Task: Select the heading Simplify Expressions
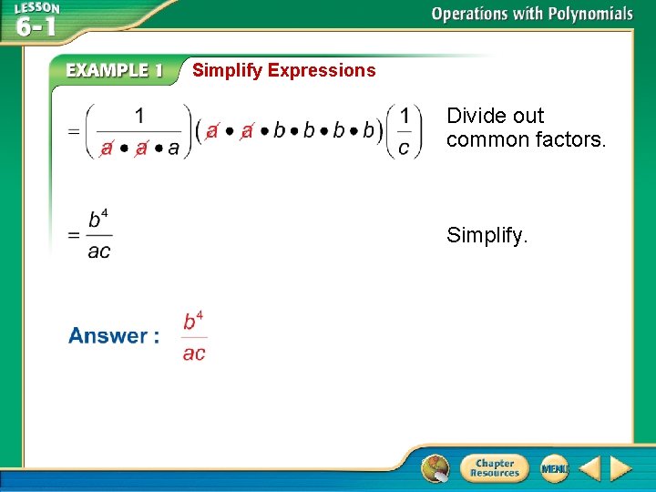283,70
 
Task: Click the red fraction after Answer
194,336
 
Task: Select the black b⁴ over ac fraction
99,235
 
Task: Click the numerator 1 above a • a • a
139,116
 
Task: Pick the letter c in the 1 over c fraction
404,147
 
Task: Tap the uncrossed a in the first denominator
173,148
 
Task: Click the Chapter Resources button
493,468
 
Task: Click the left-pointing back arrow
589,469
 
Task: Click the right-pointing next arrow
620,469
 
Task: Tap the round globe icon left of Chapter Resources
436,468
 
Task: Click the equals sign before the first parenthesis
73,130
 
